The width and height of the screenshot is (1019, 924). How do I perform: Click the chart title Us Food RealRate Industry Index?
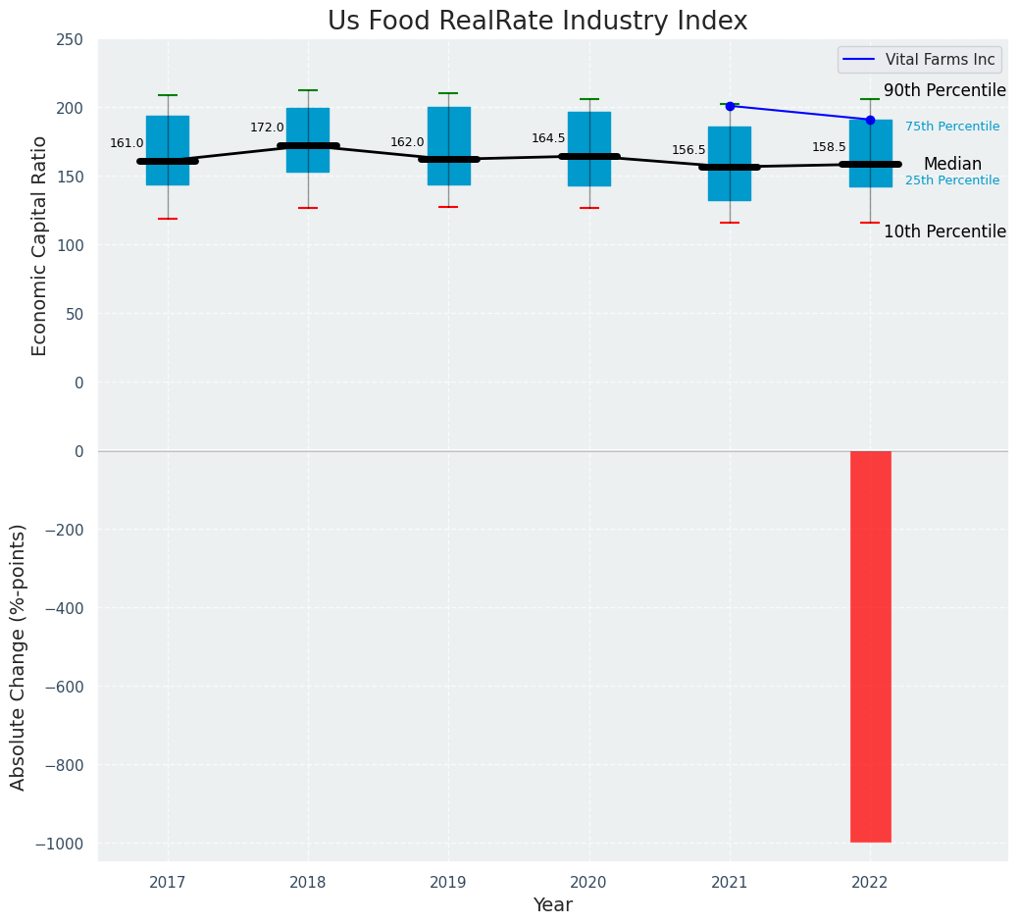[537, 22]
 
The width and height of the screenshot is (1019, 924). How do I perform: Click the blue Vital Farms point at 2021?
[730, 106]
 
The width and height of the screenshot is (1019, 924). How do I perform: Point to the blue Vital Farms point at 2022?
[870, 120]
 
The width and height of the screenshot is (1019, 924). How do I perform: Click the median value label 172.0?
[267, 128]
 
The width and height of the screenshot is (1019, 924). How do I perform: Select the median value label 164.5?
[548, 138]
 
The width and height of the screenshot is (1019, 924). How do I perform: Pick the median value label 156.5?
[688, 150]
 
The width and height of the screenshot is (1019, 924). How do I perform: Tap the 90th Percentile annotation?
[944, 90]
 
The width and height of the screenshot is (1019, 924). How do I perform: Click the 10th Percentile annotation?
[944, 231]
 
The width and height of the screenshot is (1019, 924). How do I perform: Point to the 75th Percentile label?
[952, 127]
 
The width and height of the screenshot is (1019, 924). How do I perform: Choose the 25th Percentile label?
[952, 180]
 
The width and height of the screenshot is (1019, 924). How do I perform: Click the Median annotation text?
[952, 164]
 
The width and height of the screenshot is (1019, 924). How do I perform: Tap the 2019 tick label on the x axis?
[448, 883]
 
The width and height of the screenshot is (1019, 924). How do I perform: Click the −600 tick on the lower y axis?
[64, 687]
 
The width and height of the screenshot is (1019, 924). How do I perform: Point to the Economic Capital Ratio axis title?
[40, 246]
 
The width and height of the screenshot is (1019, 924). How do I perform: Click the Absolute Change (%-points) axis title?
[19, 656]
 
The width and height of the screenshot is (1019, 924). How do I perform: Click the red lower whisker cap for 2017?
[168, 219]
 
